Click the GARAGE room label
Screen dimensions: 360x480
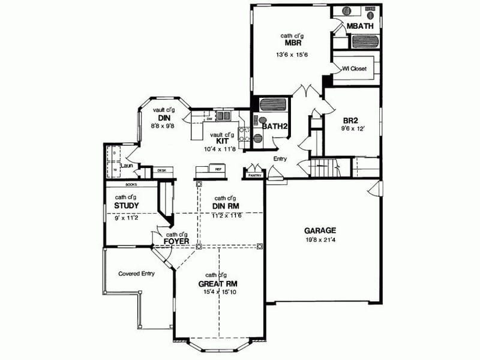(319, 230)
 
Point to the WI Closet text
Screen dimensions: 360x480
(354, 68)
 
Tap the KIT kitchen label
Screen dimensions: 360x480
(221, 141)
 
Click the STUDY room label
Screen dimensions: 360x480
(126, 206)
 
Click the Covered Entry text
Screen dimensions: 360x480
(136, 273)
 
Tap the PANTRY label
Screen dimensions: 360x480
(254, 176)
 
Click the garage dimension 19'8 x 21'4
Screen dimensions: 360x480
(319, 240)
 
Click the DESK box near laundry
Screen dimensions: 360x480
(162, 170)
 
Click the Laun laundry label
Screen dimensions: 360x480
(126, 165)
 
